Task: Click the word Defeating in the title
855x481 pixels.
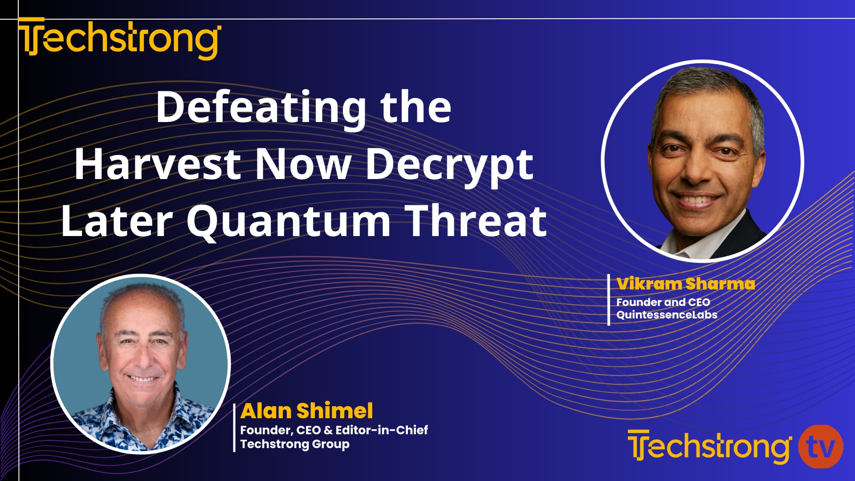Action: point(261,108)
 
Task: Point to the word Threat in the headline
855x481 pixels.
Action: point(477,221)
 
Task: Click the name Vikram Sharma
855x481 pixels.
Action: point(685,284)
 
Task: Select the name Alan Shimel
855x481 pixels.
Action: point(306,411)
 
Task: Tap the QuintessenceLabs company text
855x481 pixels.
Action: point(667,314)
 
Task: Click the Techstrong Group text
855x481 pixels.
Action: point(295,444)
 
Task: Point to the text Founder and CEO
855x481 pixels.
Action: point(663,302)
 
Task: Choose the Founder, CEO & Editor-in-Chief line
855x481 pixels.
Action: point(334,430)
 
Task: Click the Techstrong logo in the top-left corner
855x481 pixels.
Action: point(119,39)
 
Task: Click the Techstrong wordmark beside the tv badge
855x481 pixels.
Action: point(709,447)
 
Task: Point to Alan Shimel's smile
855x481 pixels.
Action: point(142,379)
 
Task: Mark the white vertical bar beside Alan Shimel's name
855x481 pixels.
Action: point(235,428)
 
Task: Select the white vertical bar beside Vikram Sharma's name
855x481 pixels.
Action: point(609,299)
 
